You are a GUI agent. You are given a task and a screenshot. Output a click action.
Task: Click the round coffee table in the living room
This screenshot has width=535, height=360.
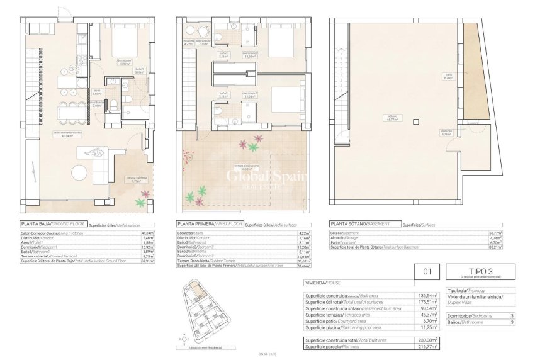pos(79,172)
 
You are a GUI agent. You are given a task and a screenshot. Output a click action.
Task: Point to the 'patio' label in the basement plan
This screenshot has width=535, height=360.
pos(448,77)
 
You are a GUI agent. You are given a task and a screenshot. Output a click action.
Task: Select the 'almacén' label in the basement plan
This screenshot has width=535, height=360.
pos(446,133)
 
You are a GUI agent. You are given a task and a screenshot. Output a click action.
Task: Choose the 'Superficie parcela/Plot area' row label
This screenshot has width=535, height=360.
pos(332,347)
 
